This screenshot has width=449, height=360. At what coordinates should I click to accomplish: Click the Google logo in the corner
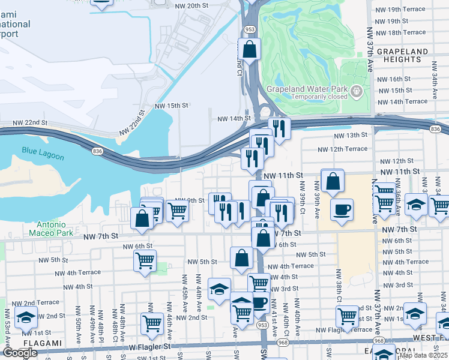click(x=20, y=353)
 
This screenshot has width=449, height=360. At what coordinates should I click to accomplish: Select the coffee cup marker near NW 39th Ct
click(x=342, y=210)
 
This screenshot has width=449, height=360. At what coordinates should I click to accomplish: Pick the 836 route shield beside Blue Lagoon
click(x=97, y=151)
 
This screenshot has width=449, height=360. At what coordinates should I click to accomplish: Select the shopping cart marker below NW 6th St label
click(x=145, y=261)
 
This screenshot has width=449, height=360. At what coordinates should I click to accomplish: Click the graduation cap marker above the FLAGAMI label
click(x=26, y=317)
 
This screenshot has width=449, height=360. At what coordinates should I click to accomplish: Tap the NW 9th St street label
click(x=185, y=200)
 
